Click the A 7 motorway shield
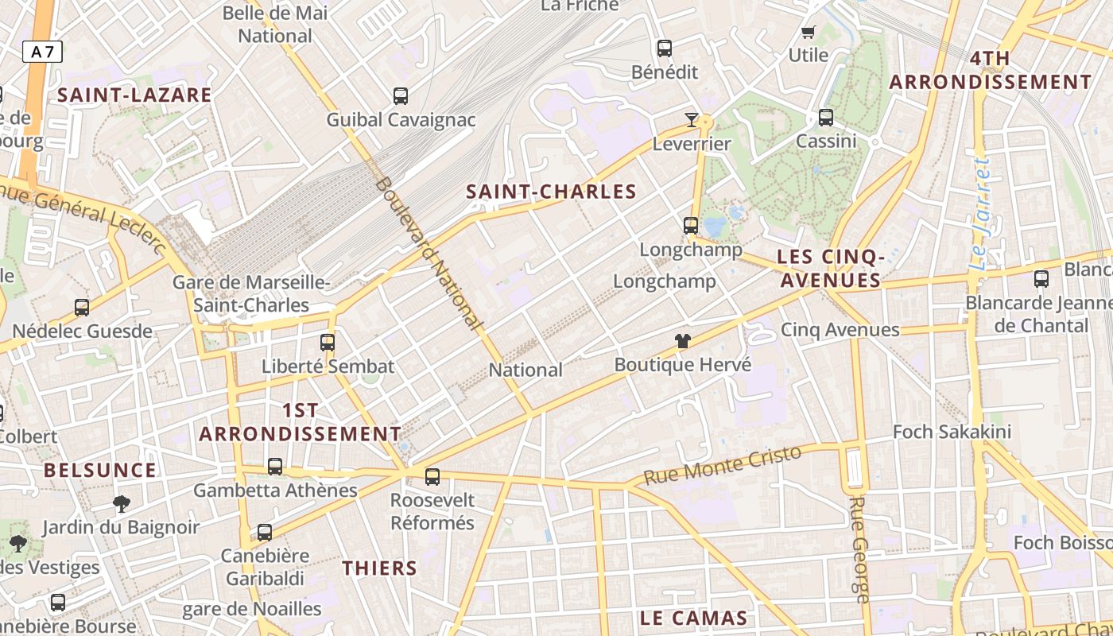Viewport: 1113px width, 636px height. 43,52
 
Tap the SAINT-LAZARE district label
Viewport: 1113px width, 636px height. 134,95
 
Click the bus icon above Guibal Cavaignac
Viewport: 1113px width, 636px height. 401,96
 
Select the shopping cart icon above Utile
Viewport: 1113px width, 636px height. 809,33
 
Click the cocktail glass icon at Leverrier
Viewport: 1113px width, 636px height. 692,120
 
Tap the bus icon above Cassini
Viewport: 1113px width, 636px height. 826,118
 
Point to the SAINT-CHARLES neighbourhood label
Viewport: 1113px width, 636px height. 551,192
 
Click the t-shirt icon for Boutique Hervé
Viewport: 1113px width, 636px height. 682,341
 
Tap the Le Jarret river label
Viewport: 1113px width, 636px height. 983,213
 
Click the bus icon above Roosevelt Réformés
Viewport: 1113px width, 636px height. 432,477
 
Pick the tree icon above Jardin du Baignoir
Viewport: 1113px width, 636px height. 121,503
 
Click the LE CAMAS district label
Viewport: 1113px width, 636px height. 693,619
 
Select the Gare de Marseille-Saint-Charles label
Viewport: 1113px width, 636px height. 251,293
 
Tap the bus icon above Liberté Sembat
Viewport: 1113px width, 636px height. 327,343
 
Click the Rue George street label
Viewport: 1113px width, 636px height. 859,549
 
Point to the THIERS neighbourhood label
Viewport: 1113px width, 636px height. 379,568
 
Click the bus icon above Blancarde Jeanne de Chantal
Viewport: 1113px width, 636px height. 1041,279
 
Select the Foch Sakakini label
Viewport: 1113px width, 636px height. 952,432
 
